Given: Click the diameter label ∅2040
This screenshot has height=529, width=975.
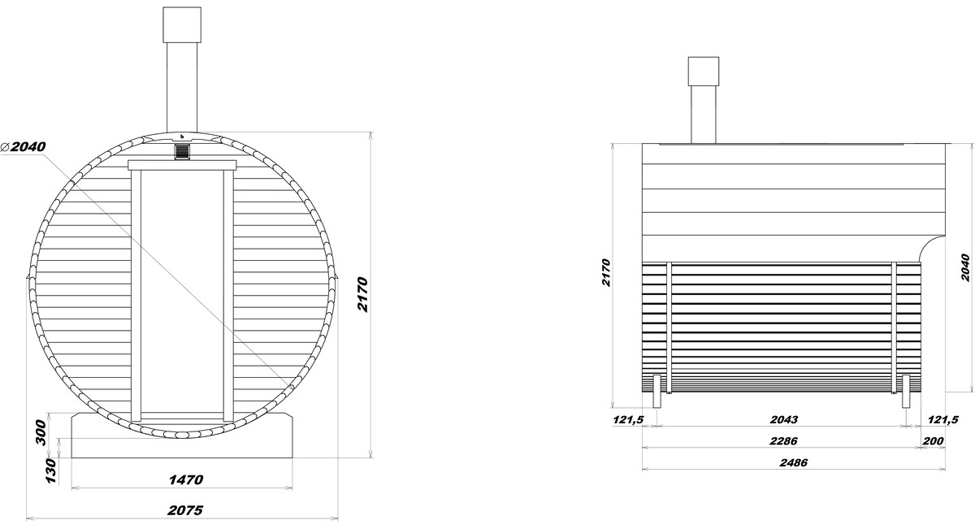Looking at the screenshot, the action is pyautogui.click(x=24, y=147).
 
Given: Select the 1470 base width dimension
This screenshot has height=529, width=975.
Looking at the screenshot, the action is pyautogui.click(x=186, y=479).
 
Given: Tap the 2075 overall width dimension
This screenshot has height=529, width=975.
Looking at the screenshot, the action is pyautogui.click(x=185, y=510).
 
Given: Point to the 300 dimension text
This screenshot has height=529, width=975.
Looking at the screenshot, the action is pyautogui.click(x=41, y=432).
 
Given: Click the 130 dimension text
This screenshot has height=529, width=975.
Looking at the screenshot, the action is pyautogui.click(x=51, y=470).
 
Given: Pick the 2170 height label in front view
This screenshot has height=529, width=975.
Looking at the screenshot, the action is pyautogui.click(x=362, y=294).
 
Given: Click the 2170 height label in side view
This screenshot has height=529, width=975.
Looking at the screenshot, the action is pyautogui.click(x=606, y=272).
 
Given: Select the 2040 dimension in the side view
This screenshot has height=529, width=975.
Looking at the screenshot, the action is pyautogui.click(x=965, y=267).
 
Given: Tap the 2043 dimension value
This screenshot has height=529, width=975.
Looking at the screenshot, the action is pyautogui.click(x=784, y=419).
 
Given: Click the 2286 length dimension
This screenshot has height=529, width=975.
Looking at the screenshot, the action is pyautogui.click(x=783, y=441).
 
